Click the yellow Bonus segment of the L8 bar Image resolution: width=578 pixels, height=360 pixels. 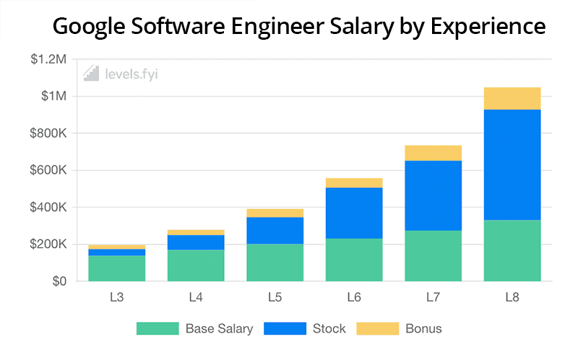[x=512, y=98]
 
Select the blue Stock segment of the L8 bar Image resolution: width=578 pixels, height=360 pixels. [x=512, y=165]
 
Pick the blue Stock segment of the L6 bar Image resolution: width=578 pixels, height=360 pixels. [x=354, y=213]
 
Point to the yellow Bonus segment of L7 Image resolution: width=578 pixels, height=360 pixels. [x=433, y=153]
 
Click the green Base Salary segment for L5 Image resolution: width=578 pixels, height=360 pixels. [x=275, y=262]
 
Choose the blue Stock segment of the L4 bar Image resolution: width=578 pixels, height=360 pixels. [x=196, y=242]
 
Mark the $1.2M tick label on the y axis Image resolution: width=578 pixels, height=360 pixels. [x=48, y=59]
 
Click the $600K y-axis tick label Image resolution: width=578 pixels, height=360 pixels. [x=48, y=171]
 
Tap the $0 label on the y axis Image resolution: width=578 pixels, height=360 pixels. [x=59, y=281]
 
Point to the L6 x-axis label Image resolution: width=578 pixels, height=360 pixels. [x=354, y=296]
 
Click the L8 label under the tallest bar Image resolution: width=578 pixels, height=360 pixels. [x=512, y=296]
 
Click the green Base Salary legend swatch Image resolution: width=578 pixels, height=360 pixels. [x=157, y=329]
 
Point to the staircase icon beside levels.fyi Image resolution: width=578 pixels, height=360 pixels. [x=91, y=72]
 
